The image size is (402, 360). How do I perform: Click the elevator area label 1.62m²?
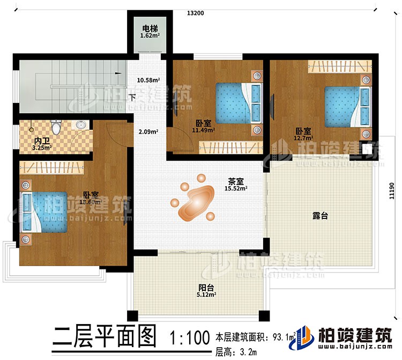click(x=150, y=36)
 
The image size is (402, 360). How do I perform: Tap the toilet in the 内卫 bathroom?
click(x=56, y=128)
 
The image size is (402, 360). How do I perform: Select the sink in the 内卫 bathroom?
click(x=81, y=126)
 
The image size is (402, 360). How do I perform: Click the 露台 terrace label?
click(x=321, y=216)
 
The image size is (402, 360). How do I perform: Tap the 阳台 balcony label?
click(x=206, y=287)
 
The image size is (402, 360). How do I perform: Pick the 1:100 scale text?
click(x=188, y=339)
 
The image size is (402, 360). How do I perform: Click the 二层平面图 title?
click(x=105, y=338)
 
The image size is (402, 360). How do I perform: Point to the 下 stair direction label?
click(x=132, y=98)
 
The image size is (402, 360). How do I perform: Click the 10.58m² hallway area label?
click(x=149, y=81)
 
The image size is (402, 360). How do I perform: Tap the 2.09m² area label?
click(x=148, y=131)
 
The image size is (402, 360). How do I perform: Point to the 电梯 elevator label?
click(x=150, y=28)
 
